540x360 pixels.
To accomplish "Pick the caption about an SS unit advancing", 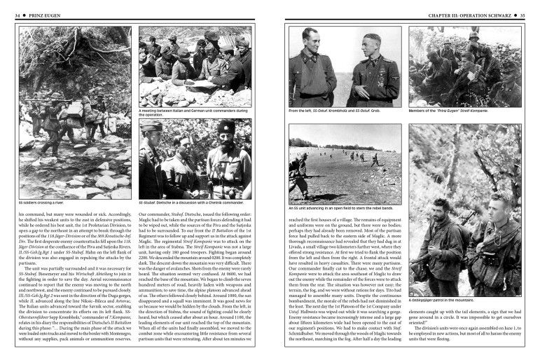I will point(342,208).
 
